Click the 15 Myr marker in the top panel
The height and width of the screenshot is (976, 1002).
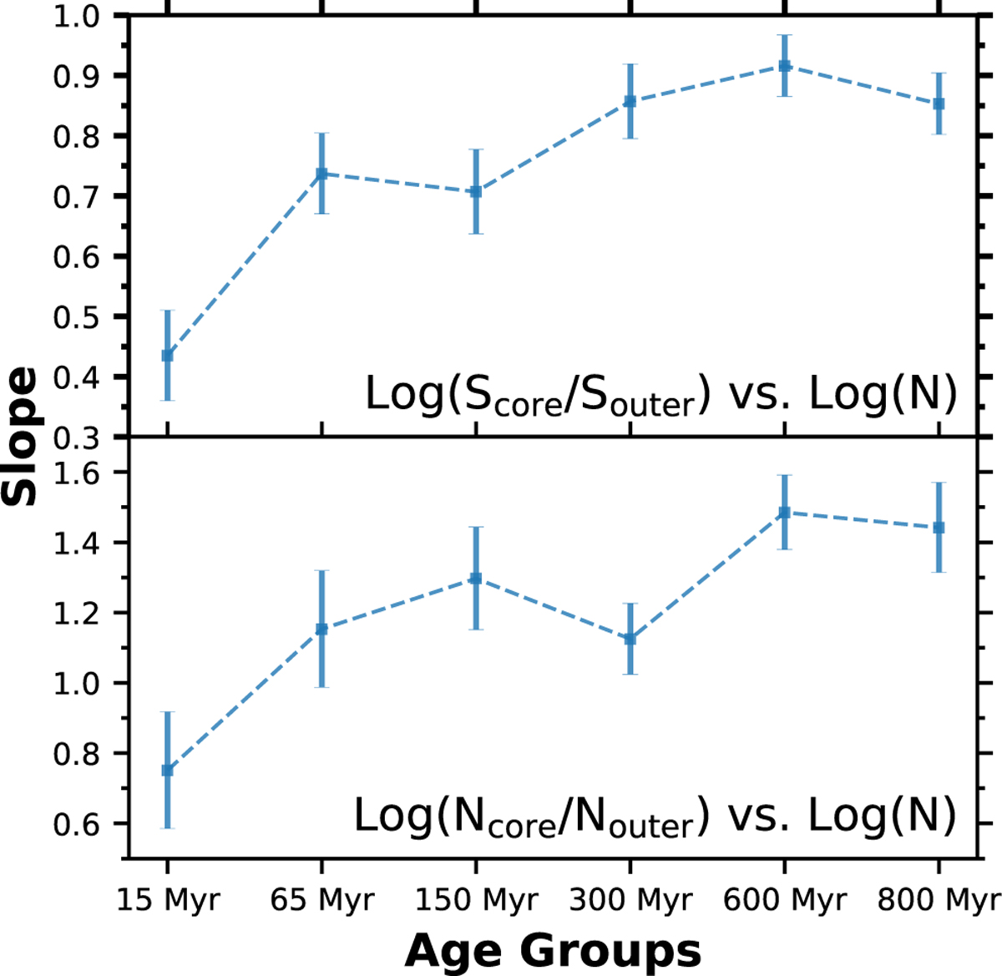(168, 356)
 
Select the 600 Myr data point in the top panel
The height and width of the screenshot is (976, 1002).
(784, 66)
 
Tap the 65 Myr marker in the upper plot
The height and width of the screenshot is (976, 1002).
(321, 174)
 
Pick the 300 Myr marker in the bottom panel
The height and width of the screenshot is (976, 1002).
(630, 639)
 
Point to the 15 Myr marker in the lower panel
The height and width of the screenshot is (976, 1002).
(168, 770)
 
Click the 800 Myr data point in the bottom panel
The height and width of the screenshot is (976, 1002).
(939, 528)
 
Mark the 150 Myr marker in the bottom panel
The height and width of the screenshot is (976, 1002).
(476, 579)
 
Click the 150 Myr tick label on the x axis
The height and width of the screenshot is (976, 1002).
(476, 900)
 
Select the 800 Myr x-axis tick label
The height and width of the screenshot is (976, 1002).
(937, 900)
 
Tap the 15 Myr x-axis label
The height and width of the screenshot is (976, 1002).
(168, 900)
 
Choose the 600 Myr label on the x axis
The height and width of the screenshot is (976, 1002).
(784, 900)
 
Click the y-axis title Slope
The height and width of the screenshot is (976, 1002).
(21, 437)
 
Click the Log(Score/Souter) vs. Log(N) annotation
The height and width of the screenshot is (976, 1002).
(660, 394)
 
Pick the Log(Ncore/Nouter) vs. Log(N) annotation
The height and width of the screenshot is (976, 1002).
(655, 815)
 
